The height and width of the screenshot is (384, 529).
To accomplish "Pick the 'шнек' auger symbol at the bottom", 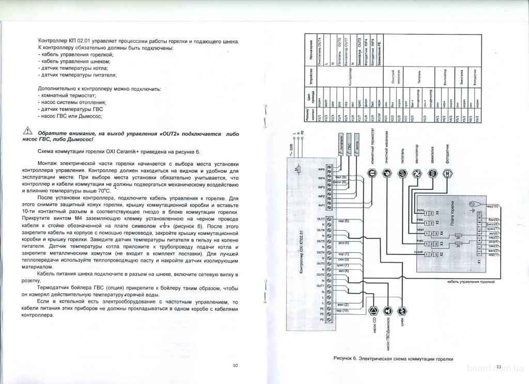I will click(x=403, y=311).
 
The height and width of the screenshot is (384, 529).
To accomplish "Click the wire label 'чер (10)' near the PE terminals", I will click(x=342, y=311).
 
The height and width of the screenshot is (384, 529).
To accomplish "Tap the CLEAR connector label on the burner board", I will click(x=419, y=251).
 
